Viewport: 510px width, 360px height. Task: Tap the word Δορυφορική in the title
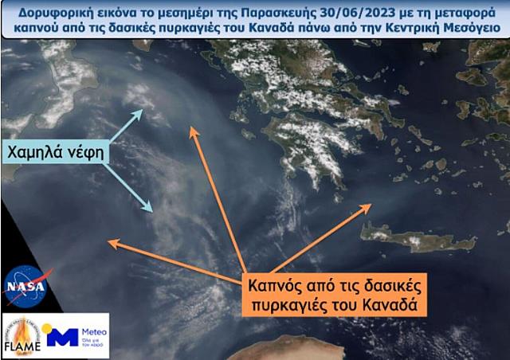click(x=54, y=10)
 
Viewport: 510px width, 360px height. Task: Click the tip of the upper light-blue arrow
click(x=143, y=110)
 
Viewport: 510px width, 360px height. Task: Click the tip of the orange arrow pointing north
click(x=190, y=126)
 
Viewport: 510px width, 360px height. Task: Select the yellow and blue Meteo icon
click(x=62, y=335)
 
